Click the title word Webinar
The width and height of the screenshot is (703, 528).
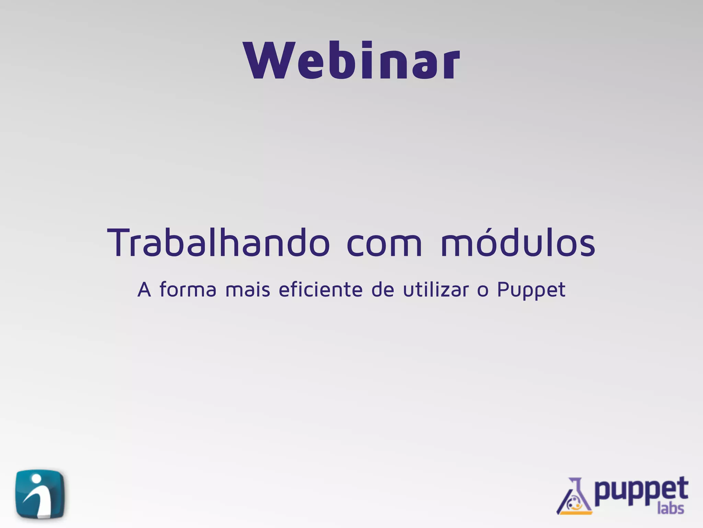(351, 60)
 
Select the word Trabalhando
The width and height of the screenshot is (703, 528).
(218, 243)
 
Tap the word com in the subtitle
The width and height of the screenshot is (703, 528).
(384, 244)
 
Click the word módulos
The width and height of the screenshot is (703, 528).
(518, 243)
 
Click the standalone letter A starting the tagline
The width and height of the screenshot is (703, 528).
(144, 290)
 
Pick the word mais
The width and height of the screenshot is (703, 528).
(248, 290)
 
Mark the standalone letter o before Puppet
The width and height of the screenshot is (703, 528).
(483, 291)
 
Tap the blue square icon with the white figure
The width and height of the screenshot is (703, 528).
(40, 494)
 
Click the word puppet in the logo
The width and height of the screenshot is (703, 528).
(641, 491)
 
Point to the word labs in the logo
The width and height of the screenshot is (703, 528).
(671, 508)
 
